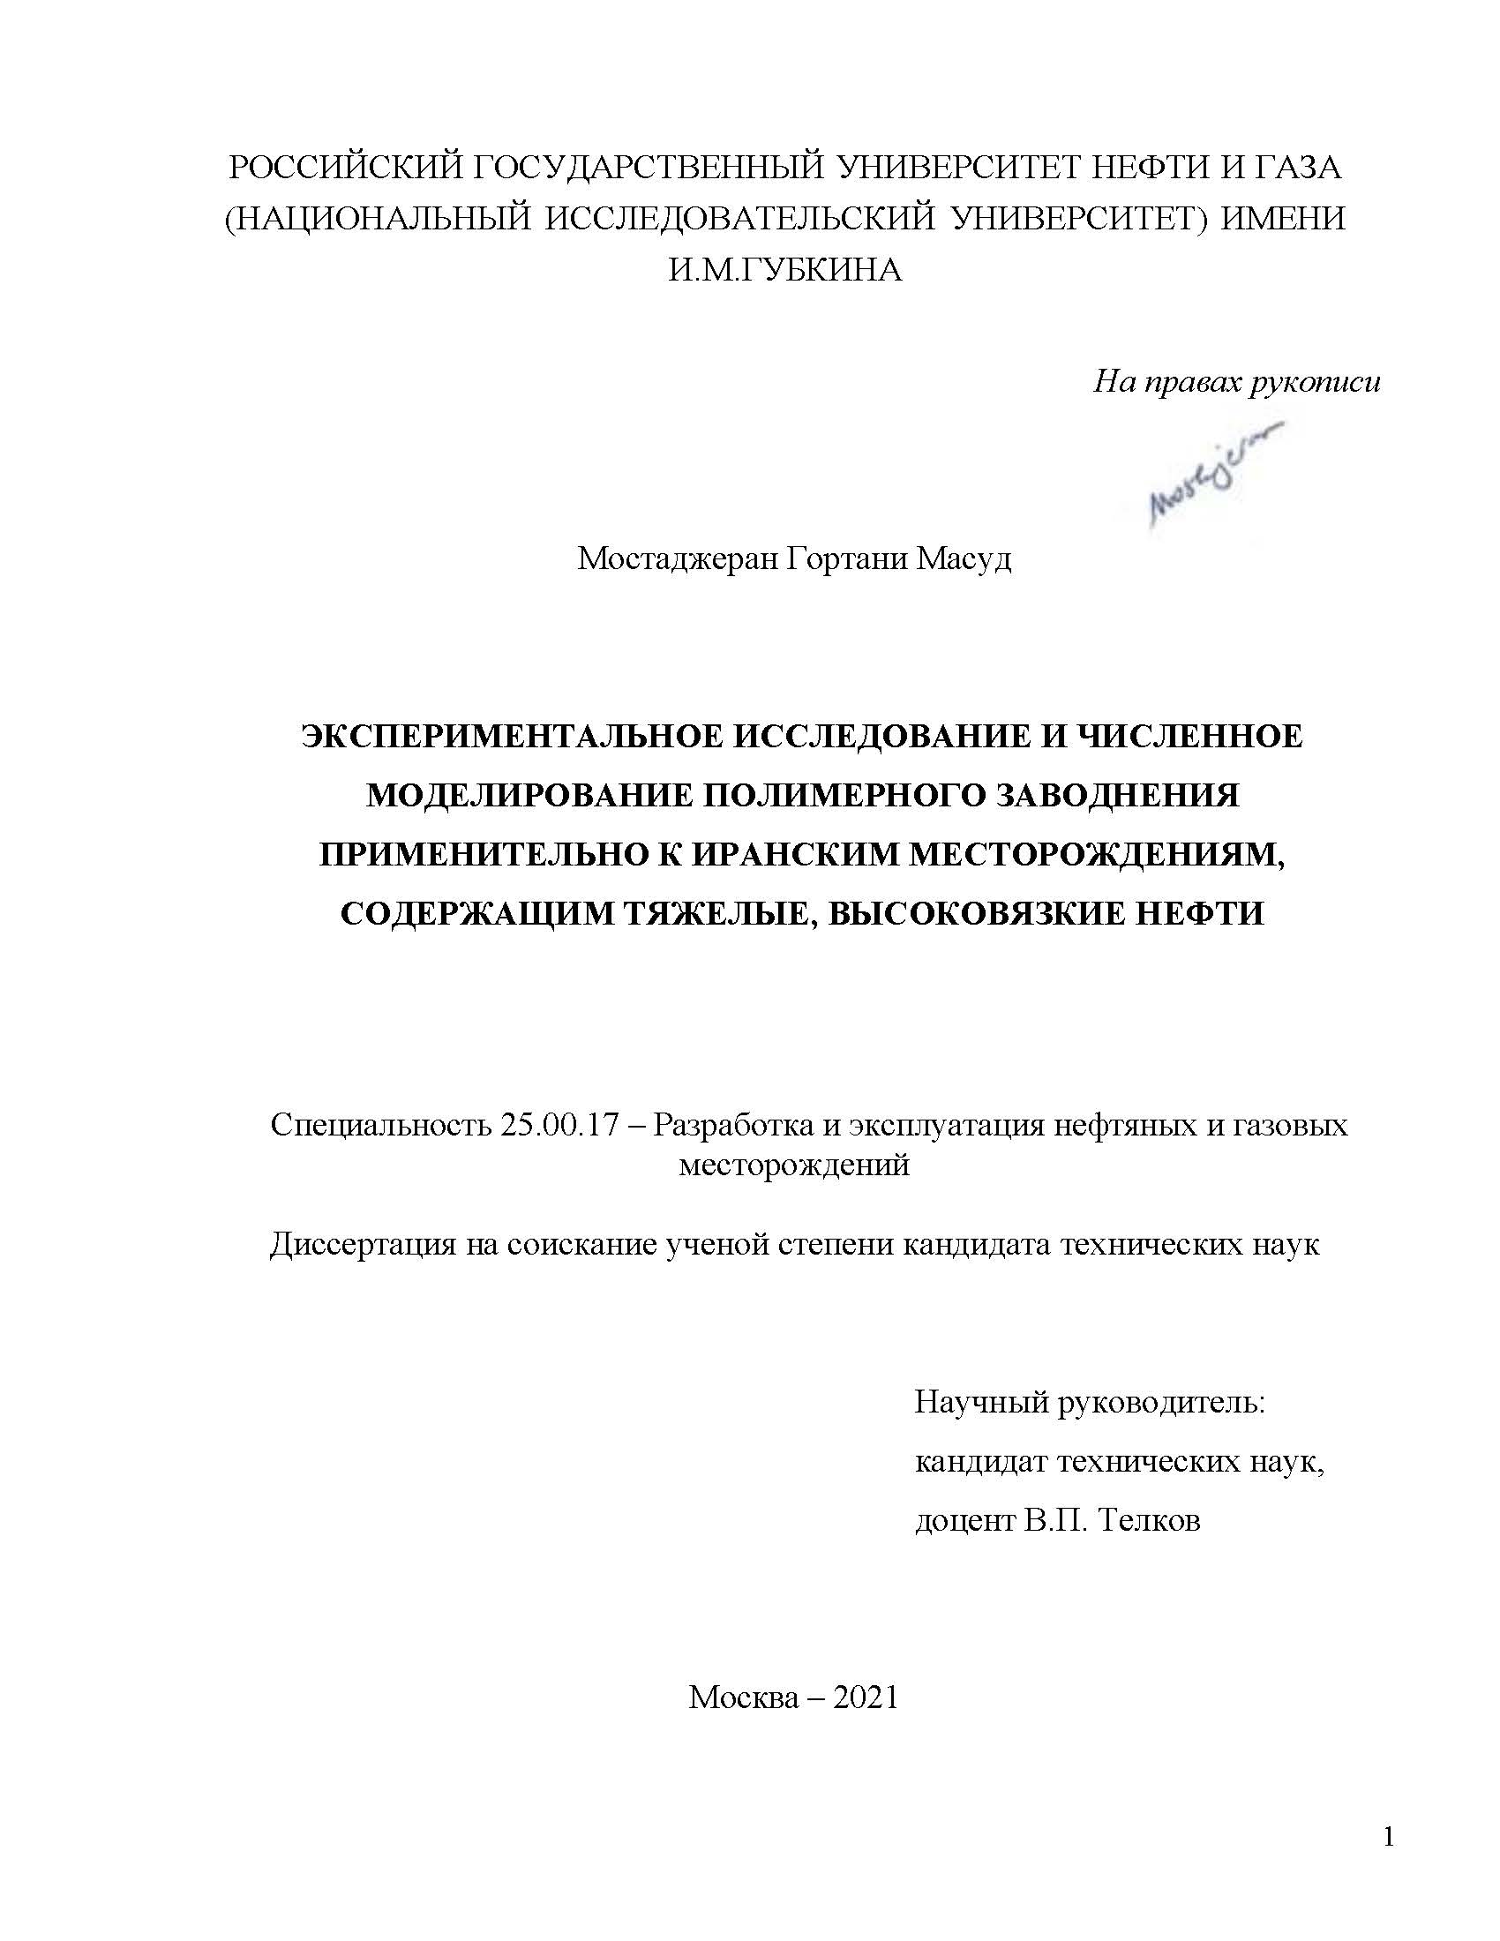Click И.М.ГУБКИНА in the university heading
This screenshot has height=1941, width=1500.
[x=784, y=269]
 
